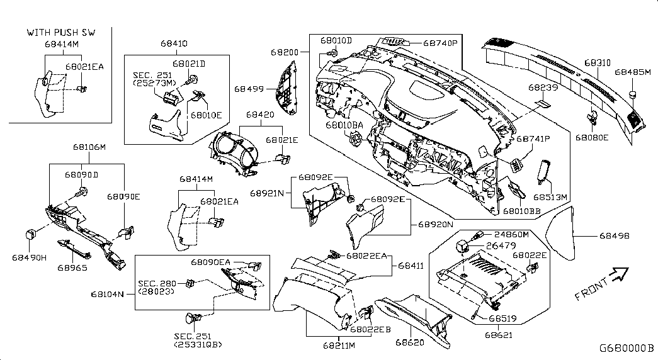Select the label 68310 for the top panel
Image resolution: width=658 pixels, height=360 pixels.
(x=597, y=63)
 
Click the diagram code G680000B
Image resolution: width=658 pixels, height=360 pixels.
(x=627, y=347)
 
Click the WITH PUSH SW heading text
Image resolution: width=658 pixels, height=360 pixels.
(x=60, y=31)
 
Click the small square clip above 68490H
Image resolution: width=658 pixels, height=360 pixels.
(x=29, y=234)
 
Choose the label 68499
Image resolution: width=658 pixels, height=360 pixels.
(x=250, y=91)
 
